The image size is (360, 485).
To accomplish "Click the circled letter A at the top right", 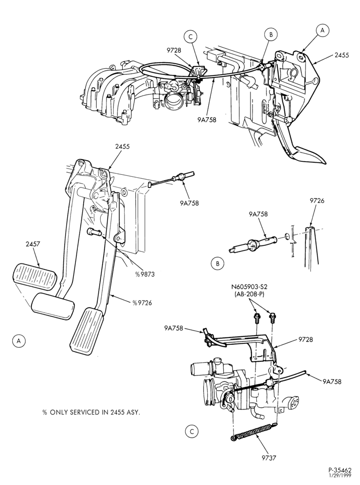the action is coord(323,30).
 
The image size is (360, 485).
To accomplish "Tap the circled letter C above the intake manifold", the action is coord(190,37).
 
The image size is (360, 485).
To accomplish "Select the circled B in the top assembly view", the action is coord(271,35).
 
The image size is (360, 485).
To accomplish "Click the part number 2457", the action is coord(33,244).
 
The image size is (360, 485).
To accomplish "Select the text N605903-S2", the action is coord(249,286).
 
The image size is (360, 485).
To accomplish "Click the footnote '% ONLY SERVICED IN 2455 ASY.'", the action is coord(91,412).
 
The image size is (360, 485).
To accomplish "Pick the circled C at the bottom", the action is coord(192,431).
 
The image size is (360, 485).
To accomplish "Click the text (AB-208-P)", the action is coord(249,295).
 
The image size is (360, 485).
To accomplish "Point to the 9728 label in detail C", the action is coord(306,339).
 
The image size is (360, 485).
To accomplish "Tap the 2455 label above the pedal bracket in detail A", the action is coord(123,147).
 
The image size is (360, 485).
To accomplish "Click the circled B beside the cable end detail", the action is coord(218,263).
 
